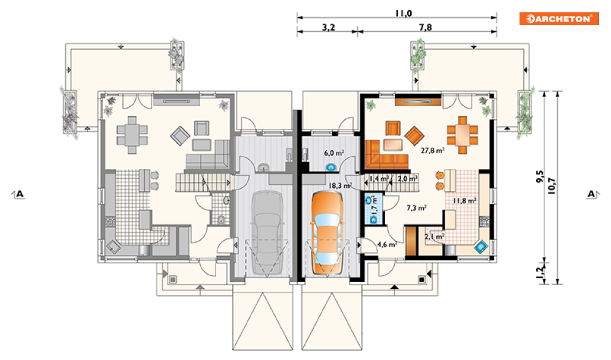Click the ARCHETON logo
[558, 18]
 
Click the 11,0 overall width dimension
[403, 14]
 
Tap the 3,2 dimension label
[329, 27]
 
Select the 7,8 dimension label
[426, 27]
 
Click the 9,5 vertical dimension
[540, 176]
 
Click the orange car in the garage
[327, 232]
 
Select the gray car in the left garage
[267, 233]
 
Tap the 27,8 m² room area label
[432, 150]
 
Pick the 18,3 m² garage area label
[340, 186]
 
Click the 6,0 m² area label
[334, 153]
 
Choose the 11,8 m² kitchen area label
[464, 201]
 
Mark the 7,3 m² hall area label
[416, 208]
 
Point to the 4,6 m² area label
[387, 245]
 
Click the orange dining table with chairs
[462, 135]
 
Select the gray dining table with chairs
[132, 135]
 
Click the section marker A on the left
[18, 194]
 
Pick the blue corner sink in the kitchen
[481, 246]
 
